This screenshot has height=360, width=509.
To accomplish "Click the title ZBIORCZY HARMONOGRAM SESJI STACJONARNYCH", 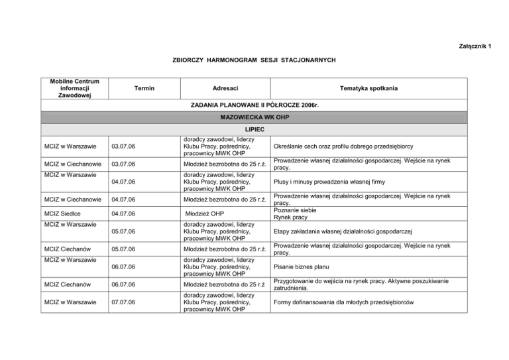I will [x=253, y=60].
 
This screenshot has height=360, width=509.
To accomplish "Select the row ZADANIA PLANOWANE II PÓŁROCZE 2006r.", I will [x=254, y=105].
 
